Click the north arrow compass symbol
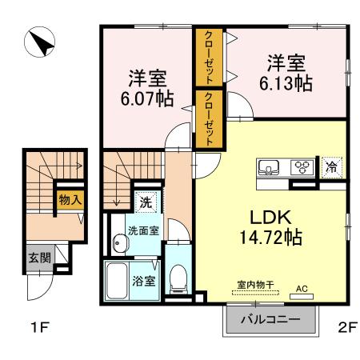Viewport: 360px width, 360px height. pos(38,42)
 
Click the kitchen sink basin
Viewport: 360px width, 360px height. pos(269,168)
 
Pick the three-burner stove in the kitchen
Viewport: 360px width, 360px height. pos(304,168)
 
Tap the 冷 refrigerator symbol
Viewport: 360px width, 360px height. pos(330,168)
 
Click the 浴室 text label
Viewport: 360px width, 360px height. pos(143,282)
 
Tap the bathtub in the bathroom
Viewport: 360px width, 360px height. pos(121,282)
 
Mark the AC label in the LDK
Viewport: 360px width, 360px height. pos(302,286)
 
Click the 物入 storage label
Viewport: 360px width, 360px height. pos(69,200)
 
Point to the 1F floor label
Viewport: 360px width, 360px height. pos(42,328)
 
